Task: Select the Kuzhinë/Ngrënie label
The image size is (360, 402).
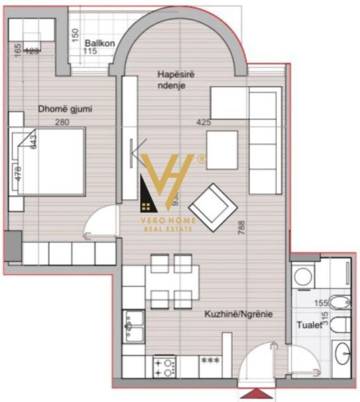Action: [x=239, y=315]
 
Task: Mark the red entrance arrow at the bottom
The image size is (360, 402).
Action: [x=256, y=393]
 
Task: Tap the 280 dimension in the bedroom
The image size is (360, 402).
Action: [x=62, y=122]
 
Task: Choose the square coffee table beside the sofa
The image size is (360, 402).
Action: [x=222, y=150]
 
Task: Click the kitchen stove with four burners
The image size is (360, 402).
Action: [x=164, y=365]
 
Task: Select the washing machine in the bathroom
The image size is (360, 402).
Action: [x=303, y=276]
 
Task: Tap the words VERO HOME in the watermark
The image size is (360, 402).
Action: [x=167, y=221]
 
